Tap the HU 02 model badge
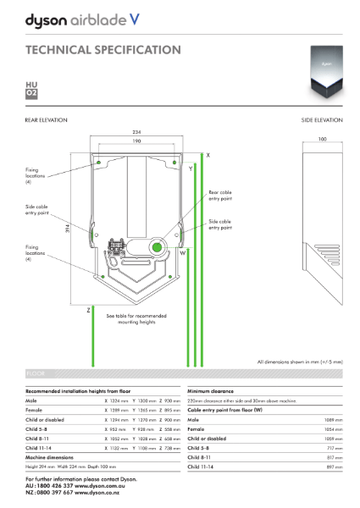click(x=32, y=89)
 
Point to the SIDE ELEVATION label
click(x=322, y=121)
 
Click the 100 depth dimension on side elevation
click(x=322, y=140)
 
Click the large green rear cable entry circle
click(x=158, y=246)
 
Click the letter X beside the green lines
click(x=208, y=157)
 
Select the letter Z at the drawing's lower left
click(x=88, y=311)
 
